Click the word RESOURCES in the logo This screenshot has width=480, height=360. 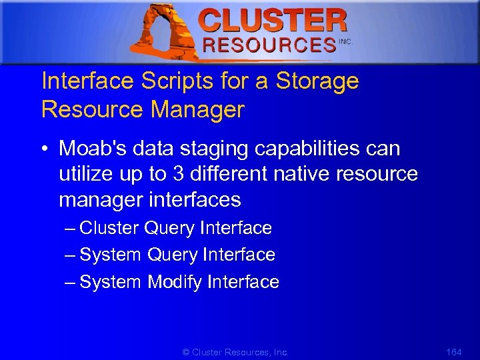269,45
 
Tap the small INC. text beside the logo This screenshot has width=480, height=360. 345,41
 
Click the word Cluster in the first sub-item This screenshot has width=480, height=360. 109,228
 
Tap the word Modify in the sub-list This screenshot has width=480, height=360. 175,282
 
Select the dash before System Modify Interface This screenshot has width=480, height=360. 71,282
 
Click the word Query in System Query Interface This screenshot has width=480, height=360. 173,255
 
